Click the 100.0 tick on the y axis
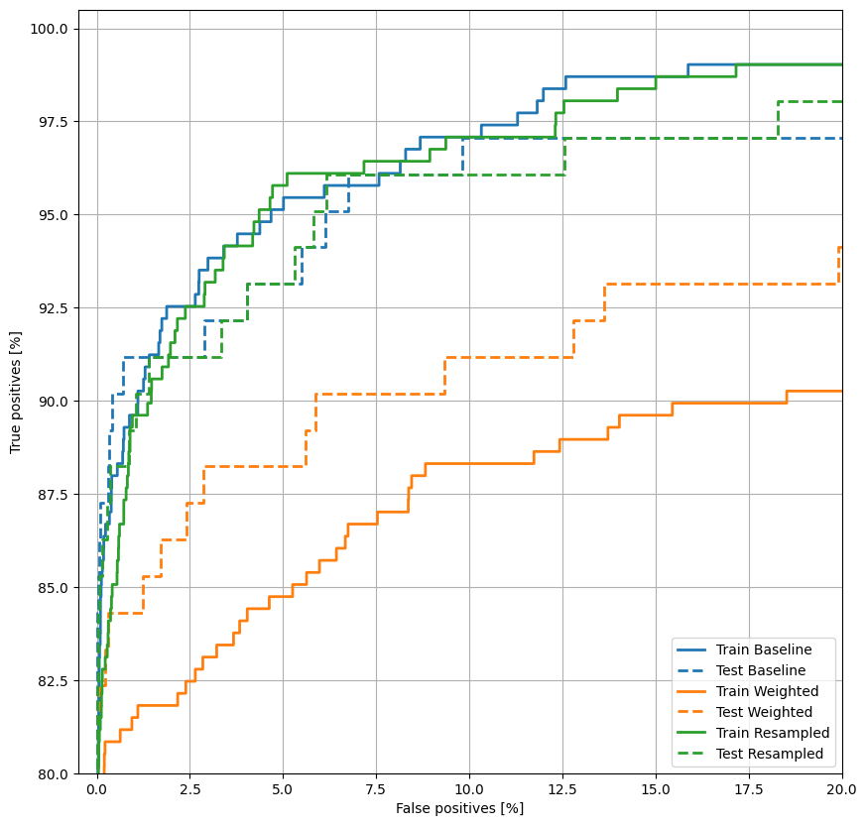pyautogui.click(x=48, y=29)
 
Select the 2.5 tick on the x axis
pyautogui.click(x=189, y=791)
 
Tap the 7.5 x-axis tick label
pyautogui.click(x=376, y=791)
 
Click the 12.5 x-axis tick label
pyautogui.click(x=562, y=791)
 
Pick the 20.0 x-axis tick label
pyautogui.click(x=841, y=791)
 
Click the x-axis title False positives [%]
pyautogui.click(x=459, y=809)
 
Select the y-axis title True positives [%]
pyautogui.click(x=16, y=401)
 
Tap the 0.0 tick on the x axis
pyautogui.click(x=96, y=791)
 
